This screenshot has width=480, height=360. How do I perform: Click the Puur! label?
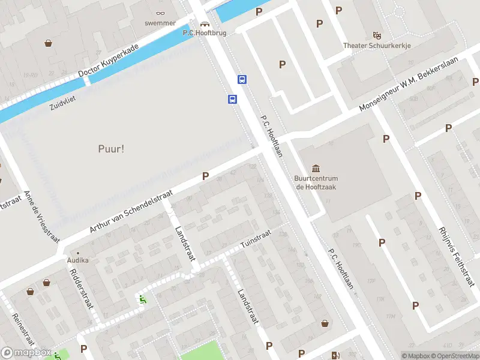pos(111,148)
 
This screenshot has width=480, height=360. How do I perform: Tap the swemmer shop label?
pos(160,23)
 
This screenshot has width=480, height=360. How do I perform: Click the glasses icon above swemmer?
pos(160,13)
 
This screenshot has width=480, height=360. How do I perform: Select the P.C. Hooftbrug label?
pos(205,33)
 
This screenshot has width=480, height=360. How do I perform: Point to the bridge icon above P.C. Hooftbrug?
pos(205,25)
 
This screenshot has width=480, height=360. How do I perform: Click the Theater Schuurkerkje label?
pos(376,46)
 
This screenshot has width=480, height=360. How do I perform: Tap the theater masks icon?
pos(376,35)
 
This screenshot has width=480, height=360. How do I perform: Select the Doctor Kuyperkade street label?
pos(109,61)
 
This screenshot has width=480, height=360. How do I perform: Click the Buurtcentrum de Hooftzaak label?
pos(316,182)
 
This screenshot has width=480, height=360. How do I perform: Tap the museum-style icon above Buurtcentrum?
pos(316,168)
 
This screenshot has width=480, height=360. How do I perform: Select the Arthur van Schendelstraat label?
pos(131,212)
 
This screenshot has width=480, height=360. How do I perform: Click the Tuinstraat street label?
pos(256,239)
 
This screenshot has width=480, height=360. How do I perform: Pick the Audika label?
pos(78,260)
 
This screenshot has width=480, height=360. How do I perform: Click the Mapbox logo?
pos(25,353)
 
